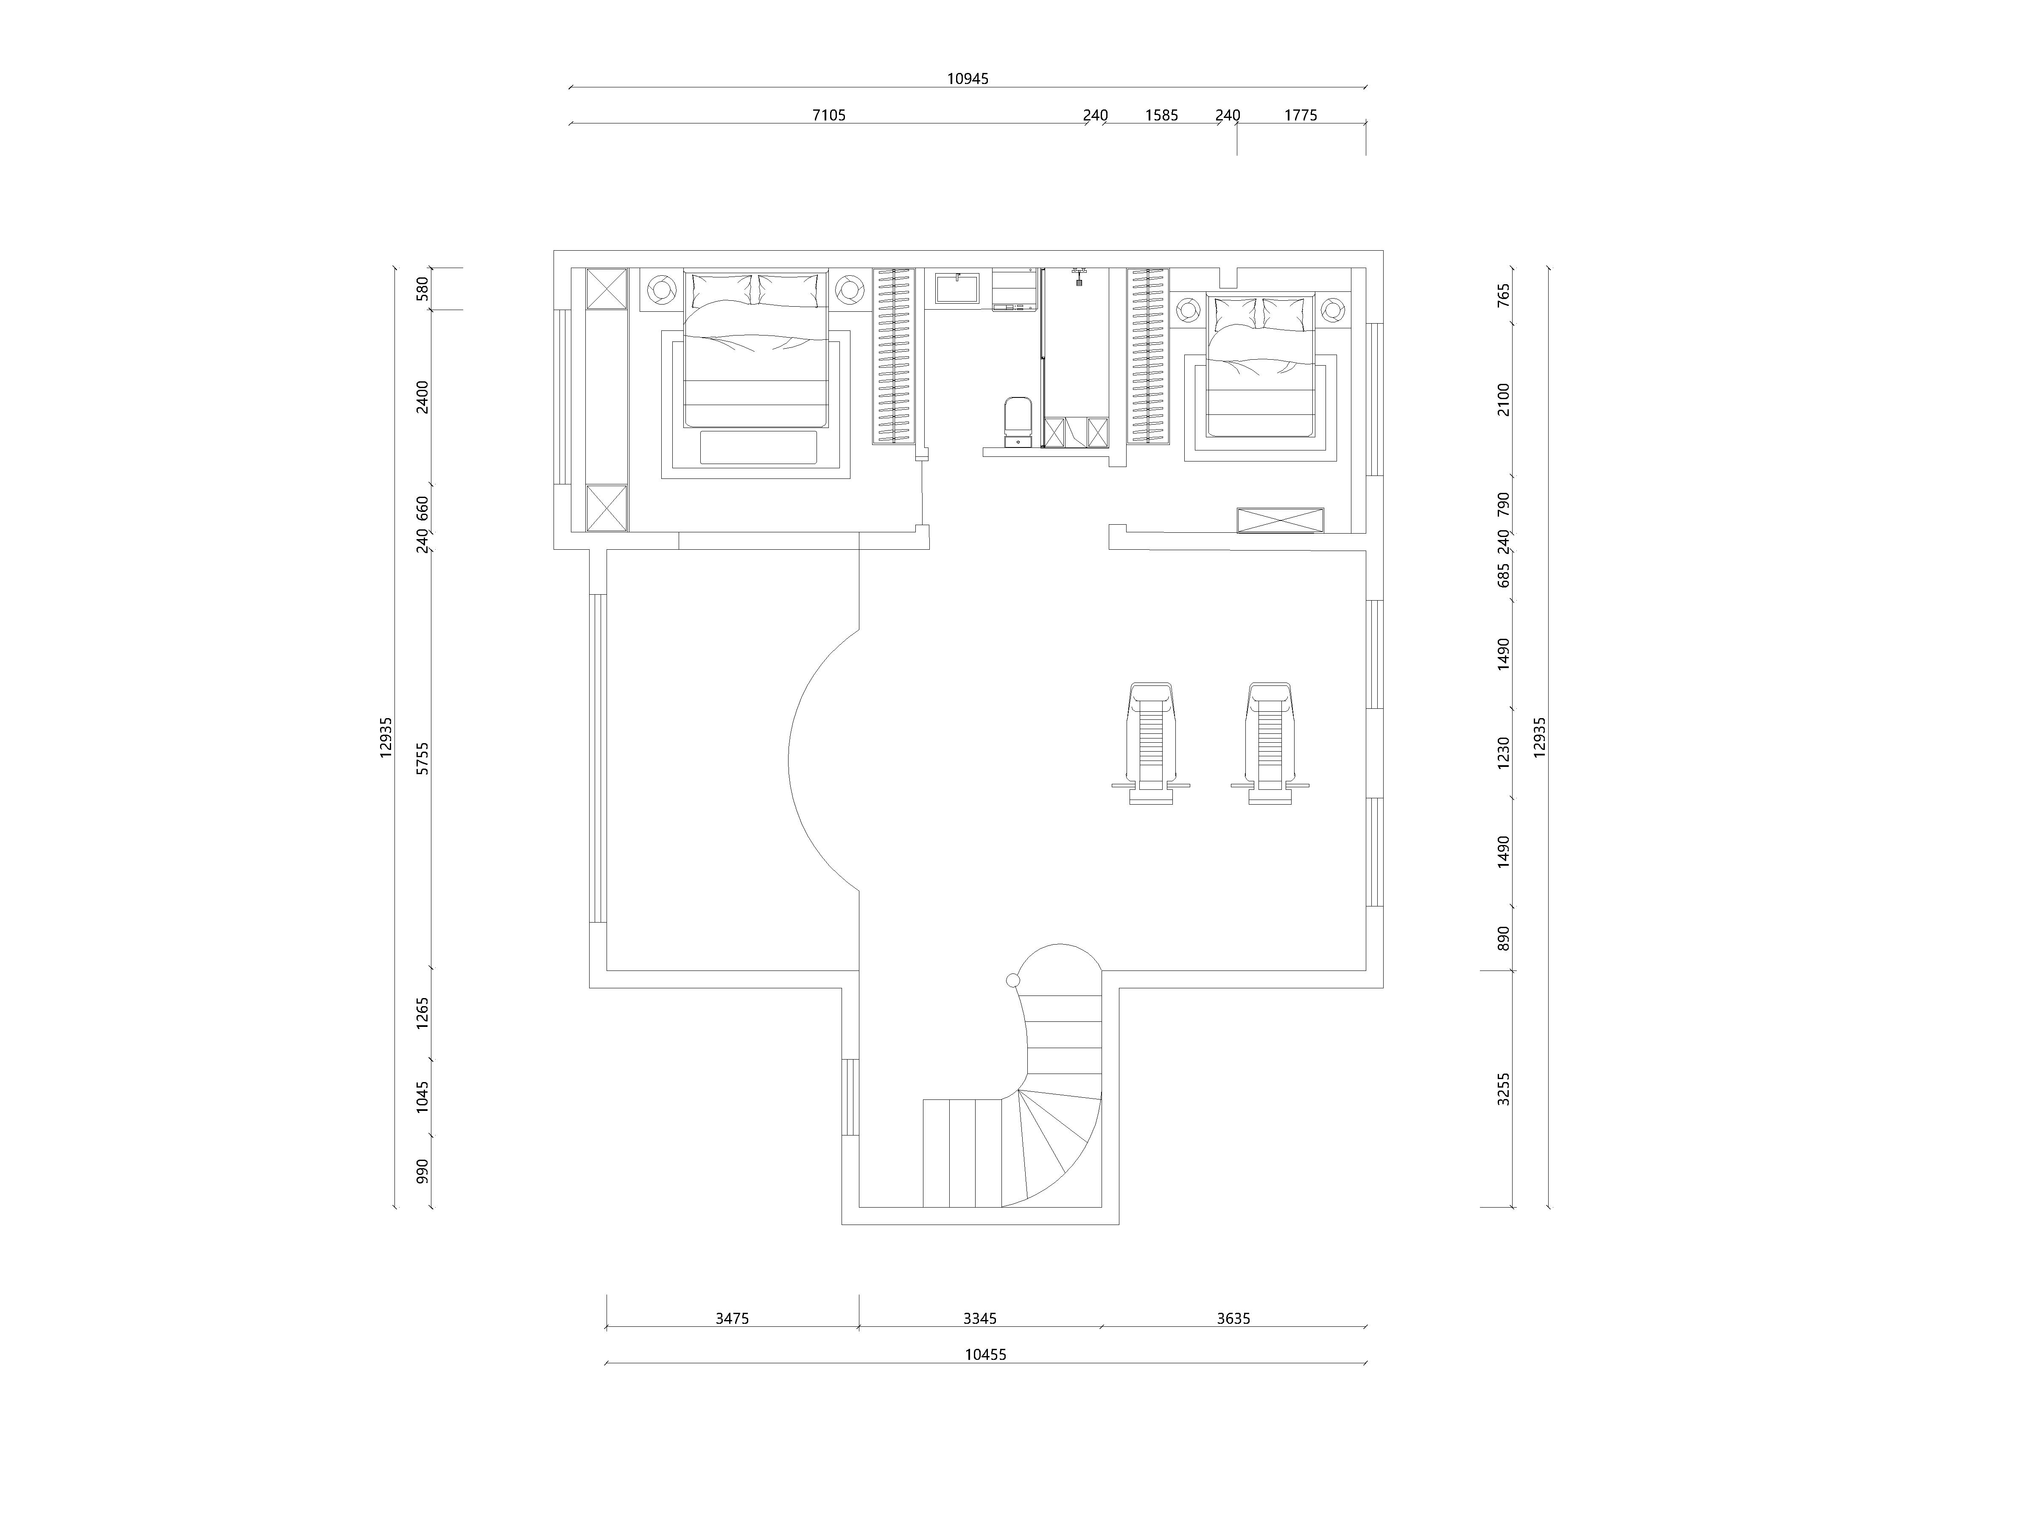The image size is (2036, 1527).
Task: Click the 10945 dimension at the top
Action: pyautogui.click(x=968, y=79)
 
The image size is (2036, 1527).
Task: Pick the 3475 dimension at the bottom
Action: pyautogui.click(x=733, y=1318)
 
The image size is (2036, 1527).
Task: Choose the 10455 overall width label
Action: pyautogui.click(x=986, y=1355)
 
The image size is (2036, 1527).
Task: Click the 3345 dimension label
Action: pyautogui.click(x=980, y=1318)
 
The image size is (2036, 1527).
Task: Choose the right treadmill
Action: pyautogui.click(x=1270, y=743)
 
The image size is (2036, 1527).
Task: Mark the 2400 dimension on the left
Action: pyautogui.click(x=422, y=397)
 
